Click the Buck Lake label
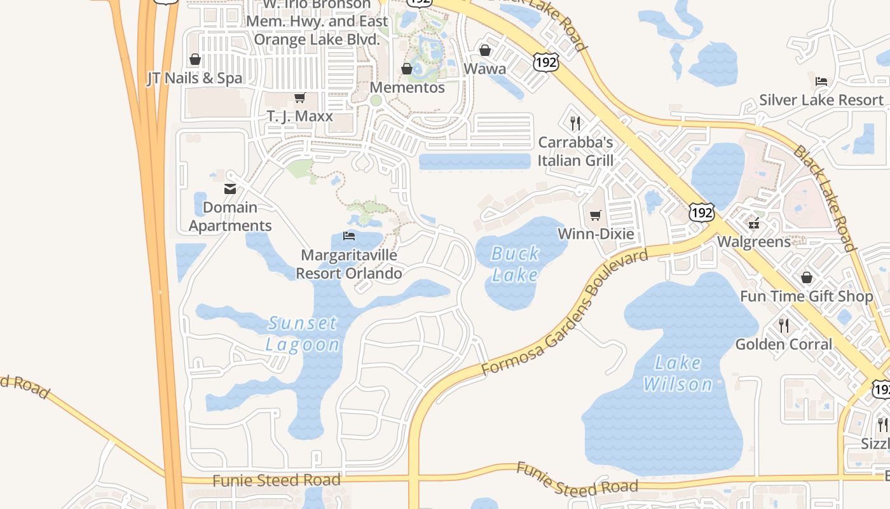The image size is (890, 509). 516,264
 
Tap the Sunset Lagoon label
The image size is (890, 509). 303,333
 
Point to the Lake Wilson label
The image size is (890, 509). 678,373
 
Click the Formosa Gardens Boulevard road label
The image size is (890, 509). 566,312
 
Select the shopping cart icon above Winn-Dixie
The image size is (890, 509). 596,215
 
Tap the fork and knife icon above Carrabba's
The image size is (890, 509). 575,122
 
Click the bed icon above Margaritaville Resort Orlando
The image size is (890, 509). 349,236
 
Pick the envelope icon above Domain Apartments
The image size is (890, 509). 230,189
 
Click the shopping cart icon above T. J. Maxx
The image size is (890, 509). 299,98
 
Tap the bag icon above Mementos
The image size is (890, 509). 407,69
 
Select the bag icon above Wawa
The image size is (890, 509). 485,50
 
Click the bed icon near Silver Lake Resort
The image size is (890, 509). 821,81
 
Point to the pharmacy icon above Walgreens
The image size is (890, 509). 755,223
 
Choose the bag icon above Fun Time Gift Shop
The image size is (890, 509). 807,277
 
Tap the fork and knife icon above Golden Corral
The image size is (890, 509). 784,326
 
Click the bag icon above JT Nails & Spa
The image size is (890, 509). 195,59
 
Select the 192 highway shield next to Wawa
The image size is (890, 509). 546,62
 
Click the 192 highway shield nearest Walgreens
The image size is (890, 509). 702,213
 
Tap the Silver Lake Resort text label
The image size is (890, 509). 821,100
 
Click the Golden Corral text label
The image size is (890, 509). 783,344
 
